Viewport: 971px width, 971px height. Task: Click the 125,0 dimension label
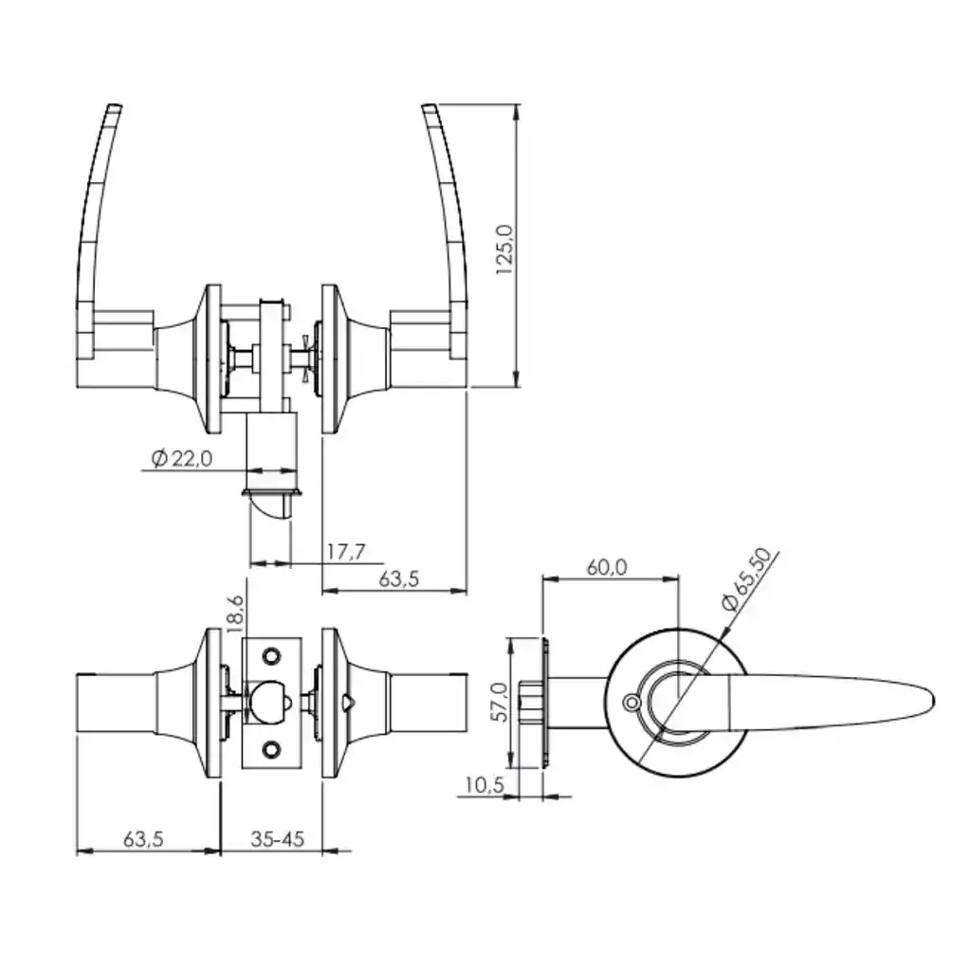point(505,249)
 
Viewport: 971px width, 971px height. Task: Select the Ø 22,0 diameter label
point(181,459)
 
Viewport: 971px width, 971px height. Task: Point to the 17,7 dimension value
point(347,551)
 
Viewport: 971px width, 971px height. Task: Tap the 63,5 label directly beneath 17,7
point(399,579)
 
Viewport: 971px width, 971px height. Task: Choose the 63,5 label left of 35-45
point(143,839)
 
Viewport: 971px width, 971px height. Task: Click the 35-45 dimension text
point(278,839)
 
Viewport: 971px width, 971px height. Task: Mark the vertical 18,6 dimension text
point(236,614)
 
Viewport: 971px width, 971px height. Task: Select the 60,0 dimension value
point(607,567)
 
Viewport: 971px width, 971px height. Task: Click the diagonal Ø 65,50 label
point(747,579)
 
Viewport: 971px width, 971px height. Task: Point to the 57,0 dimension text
point(499,702)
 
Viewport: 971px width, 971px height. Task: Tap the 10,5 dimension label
point(485,785)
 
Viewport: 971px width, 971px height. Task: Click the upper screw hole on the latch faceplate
point(270,655)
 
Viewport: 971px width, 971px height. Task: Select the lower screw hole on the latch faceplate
point(270,750)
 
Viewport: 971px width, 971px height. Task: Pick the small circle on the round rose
point(631,703)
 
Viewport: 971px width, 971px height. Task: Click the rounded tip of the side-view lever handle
point(931,702)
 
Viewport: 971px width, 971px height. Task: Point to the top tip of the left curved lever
point(115,106)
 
